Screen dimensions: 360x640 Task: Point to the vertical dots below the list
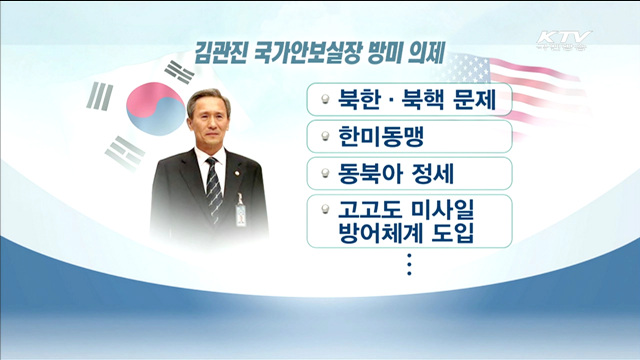tap(410, 265)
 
